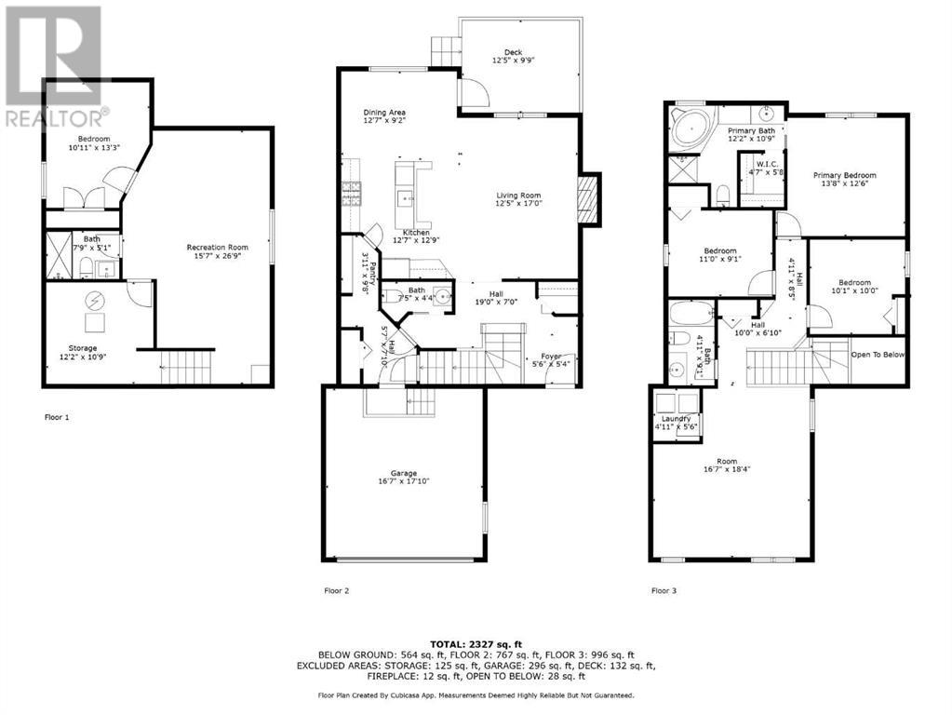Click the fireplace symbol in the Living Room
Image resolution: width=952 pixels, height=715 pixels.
pyautogui.click(x=586, y=199)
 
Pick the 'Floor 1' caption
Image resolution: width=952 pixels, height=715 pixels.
pyautogui.click(x=58, y=417)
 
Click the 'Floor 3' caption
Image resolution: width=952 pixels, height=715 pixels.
pyautogui.click(x=664, y=590)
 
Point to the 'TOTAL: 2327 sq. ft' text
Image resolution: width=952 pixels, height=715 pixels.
pyautogui.click(x=476, y=643)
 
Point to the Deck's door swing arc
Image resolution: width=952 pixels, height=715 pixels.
pyautogui.click(x=475, y=91)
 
